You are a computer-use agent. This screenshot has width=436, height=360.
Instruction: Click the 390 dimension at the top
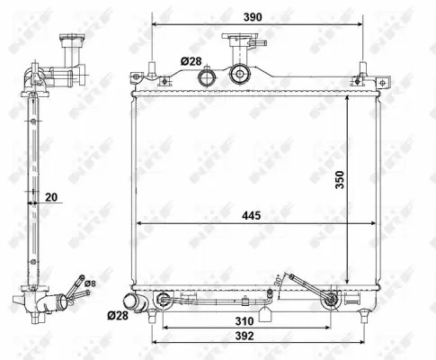pos(253,16)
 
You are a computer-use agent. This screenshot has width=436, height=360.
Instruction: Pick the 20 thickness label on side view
pos(50,197)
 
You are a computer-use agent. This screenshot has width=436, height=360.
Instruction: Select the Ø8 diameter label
pos(89,283)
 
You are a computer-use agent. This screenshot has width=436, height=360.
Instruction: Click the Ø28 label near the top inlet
pos(191,60)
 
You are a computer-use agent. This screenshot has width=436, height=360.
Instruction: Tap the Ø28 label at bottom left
pos(117,316)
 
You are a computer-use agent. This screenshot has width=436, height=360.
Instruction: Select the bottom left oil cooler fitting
pos(164,300)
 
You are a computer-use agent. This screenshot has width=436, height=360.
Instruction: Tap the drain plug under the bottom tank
pos(266,314)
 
